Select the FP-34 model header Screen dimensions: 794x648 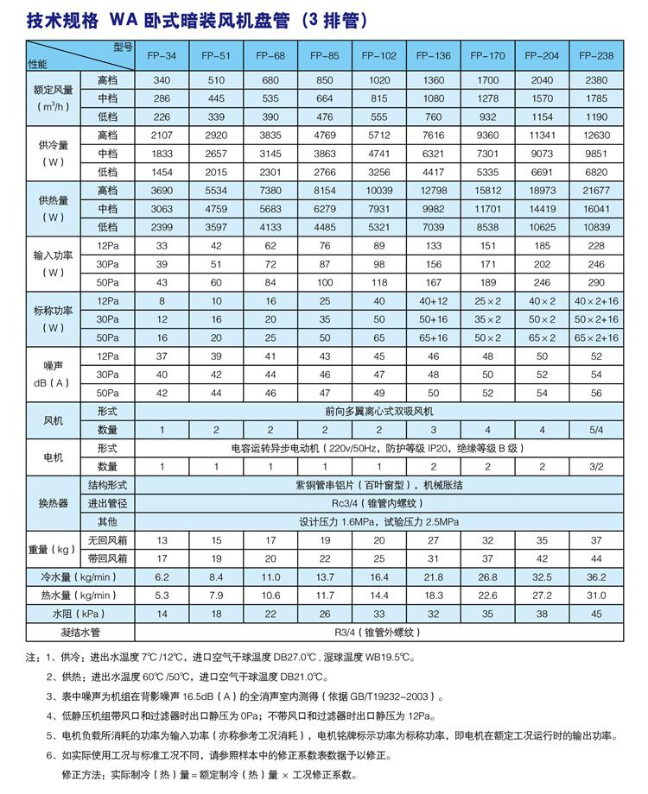click(163, 55)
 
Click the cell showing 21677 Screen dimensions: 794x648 click(597, 190)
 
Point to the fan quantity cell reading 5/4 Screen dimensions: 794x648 click(597, 430)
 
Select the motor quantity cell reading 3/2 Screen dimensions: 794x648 click(597, 466)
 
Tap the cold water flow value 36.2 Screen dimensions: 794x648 click(597, 577)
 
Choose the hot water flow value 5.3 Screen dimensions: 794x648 click(163, 595)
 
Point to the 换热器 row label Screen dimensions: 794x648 click(53, 503)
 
